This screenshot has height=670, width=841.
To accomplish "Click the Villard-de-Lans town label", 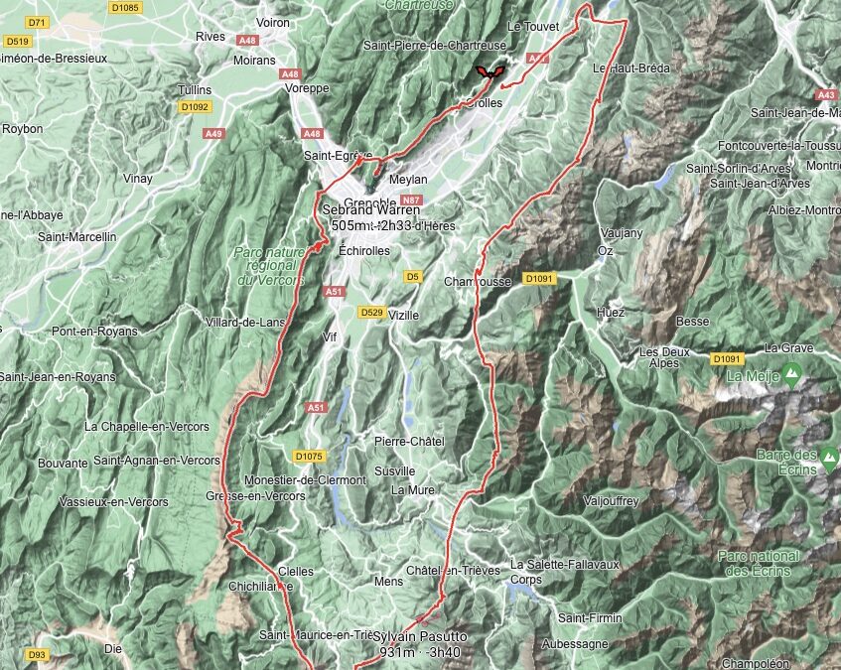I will pos(239,322).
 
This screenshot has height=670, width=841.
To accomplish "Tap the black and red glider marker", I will pos(488,71).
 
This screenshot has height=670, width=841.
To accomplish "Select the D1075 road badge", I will pos(310,456).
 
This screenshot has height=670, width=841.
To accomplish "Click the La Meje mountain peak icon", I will pos(791,375).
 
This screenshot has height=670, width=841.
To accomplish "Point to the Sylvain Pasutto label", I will pos(420,636).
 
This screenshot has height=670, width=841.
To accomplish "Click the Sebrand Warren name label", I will pos(371,210).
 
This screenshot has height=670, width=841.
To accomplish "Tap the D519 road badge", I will pos(17,41).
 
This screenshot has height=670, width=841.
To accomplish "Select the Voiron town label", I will pos(273,22).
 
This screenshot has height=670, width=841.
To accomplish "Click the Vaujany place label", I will pos(621,233).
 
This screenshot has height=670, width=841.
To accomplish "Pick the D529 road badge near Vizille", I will pos(371,313).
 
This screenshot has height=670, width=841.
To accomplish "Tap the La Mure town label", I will pos(412,489).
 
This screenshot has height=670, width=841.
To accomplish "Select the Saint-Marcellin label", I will pos(77,237).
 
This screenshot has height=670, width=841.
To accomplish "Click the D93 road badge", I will pos(37,655).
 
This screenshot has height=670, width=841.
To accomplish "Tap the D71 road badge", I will pos(38,21).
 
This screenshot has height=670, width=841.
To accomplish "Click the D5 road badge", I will pos(413,276).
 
